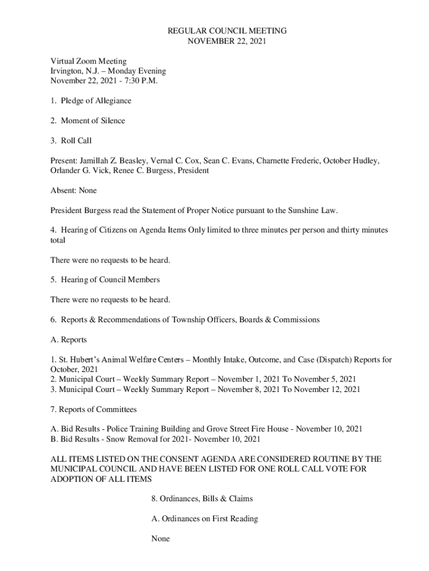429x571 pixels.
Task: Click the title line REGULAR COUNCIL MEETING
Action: pyautogui.click(x=227, y=31)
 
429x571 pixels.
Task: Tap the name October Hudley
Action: pyautogui.click(x=352, y=161)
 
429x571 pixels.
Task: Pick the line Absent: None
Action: pyautogui.click(x=74, y=191)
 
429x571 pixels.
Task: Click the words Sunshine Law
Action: pyautogui.click(x=313, y=210)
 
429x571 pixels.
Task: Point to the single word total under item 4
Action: pyautogui.click(x=58, y=240)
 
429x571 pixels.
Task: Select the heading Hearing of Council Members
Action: pyautogui.click(x=110, y=280)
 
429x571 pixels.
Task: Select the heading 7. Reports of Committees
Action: pyautogui.click(x=94, y=409)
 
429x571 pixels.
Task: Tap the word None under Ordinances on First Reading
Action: pyautogui.click(x=160, y=539)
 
